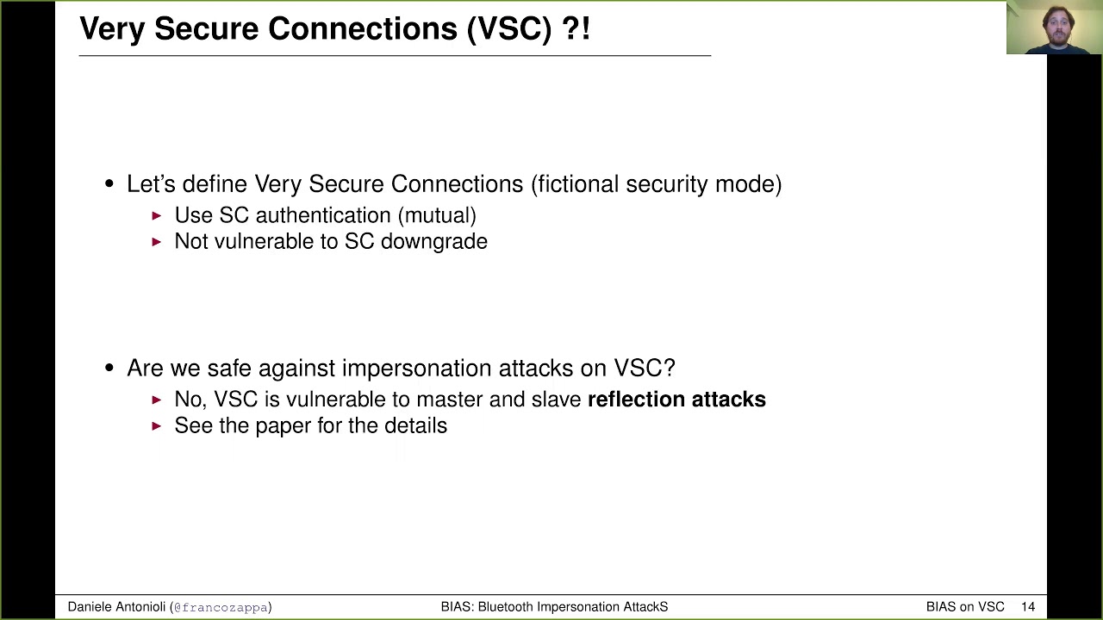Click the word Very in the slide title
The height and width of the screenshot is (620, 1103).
coord(112,28)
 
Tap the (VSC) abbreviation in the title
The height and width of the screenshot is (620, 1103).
coord(508,28)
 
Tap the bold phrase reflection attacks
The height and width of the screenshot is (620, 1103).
coord(676,400)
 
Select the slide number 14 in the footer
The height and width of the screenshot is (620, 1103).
coord(1027,607)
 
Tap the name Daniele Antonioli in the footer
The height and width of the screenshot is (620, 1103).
coord(116,607)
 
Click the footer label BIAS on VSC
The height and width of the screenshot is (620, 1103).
coord(965,607)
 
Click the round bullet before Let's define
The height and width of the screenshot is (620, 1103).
coord(109,184)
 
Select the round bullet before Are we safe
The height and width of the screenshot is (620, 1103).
coord(109,369)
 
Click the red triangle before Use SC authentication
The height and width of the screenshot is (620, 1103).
coord(157,215)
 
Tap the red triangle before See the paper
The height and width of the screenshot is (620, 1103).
coord(157,425)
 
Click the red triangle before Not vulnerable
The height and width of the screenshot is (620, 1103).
coord(157,242)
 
